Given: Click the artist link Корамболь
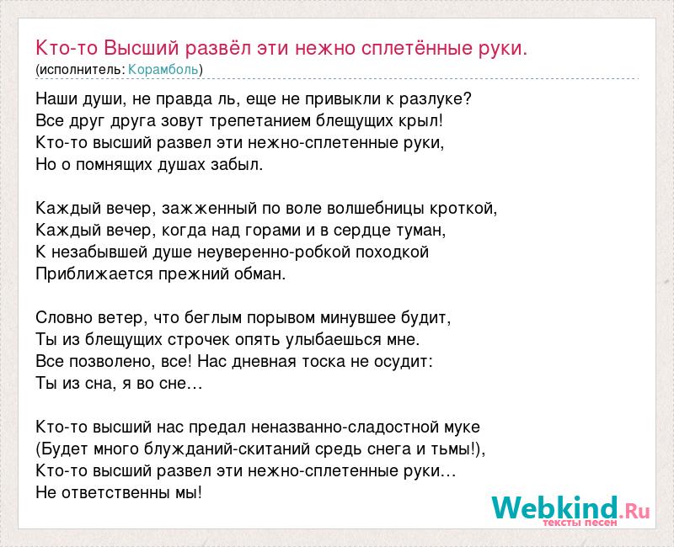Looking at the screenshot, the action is [x=163, y=70].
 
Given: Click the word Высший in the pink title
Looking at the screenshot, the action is [x=141, y=48].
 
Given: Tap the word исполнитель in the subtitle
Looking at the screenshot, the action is [x=80, y=70].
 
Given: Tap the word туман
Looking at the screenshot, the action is [x=420, y=231].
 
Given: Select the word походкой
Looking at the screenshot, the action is [x=392, y=252].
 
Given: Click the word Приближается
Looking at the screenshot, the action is [x=94, y=274].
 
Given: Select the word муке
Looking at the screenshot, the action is [x=460, y=428].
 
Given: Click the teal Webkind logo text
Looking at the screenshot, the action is [x=555, y=507].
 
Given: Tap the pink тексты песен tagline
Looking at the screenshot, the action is [x=580, y=523].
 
